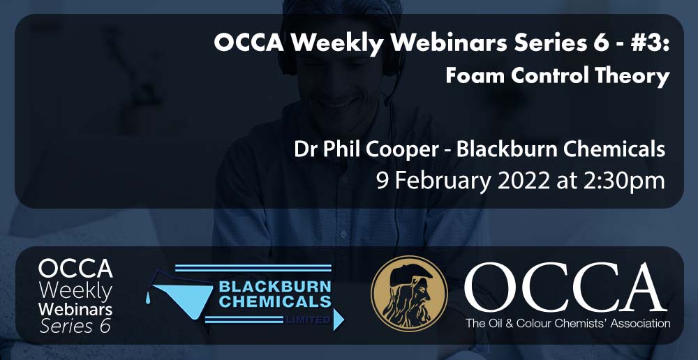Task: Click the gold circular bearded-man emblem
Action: point(409,294)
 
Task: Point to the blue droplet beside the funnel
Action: point(148,298)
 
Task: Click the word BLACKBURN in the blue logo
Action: point(274,287)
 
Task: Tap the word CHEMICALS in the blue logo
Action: point(274,301)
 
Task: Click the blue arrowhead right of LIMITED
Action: point(339,320)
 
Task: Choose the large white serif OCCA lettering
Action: point(565,287)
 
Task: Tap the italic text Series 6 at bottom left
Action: point(75,327)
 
